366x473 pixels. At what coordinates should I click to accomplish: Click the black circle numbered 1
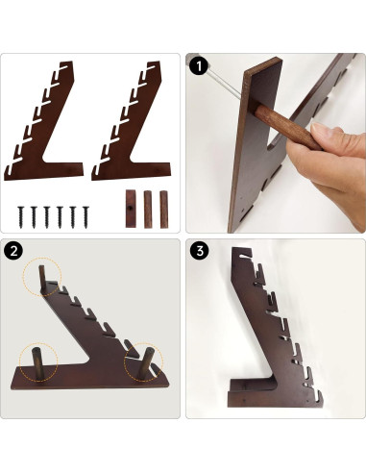tap(199, 66)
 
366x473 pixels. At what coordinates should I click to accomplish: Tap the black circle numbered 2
tap(13, 251)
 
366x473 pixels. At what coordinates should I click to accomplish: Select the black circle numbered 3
tap(200, 251)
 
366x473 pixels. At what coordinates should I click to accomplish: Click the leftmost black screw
tap(21, 216)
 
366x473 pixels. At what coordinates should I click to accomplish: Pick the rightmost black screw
tap(85, 216)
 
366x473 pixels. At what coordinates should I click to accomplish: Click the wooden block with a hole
tap(131, 209)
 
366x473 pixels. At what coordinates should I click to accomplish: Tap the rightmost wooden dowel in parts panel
tap(164, 210)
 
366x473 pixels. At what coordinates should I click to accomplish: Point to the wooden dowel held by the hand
tap(286, 128)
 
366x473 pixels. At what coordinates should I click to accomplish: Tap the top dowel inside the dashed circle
tap(42, 277)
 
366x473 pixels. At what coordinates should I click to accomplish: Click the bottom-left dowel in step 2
tap(37, 363)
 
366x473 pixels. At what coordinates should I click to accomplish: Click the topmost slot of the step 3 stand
tap(246, 256)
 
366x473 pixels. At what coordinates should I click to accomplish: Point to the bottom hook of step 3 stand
tap(315, 396)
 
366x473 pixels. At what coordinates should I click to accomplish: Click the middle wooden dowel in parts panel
tap(148, 210)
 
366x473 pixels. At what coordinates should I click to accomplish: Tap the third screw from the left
tap(47, 216)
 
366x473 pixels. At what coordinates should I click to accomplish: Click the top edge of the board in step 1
tap(263, 65)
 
